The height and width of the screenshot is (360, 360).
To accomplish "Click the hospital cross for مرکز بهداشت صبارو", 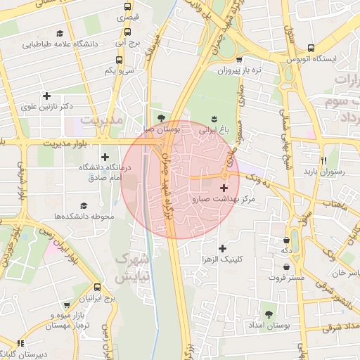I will [x=224, y=188].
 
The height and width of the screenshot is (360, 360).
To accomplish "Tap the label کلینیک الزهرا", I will [x=222, y=259].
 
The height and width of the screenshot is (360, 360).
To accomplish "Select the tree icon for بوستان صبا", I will [x=162, y=118].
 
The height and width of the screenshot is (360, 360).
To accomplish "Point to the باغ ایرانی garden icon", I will [x=214, y=118].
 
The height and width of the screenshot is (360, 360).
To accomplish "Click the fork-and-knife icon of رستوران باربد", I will [x=323, y=160].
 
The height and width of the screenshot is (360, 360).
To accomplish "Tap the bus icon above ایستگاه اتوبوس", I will [x=288, y=60].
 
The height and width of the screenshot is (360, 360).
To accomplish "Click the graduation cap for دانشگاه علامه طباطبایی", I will [x=60, y=33].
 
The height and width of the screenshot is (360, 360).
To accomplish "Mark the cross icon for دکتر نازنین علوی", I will [x=47, y=96].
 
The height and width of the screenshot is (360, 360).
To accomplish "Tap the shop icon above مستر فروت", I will [x=287, y=267].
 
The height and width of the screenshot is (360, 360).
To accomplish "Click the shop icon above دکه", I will [x=287, y=238].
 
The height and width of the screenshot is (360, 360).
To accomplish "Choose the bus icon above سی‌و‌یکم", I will [x=127, y=60].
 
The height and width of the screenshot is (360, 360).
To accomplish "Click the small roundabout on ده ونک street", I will [x=225, y=175].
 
